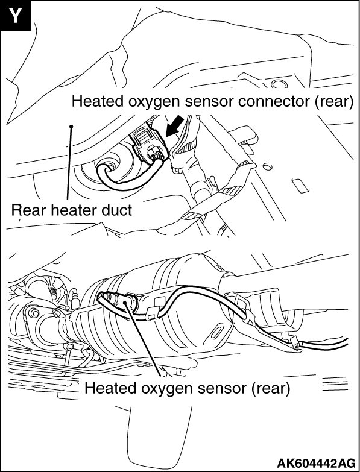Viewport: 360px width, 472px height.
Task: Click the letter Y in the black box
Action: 15,15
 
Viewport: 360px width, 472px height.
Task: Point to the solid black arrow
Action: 175,125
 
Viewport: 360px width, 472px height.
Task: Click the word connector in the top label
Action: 274,102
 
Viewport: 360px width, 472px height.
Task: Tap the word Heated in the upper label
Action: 98,101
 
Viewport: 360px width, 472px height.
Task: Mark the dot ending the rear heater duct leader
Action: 71,127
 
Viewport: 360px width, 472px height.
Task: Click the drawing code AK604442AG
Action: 316,463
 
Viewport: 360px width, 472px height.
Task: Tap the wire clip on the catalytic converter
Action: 152,313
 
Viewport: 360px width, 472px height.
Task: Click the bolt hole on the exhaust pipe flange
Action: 34,313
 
